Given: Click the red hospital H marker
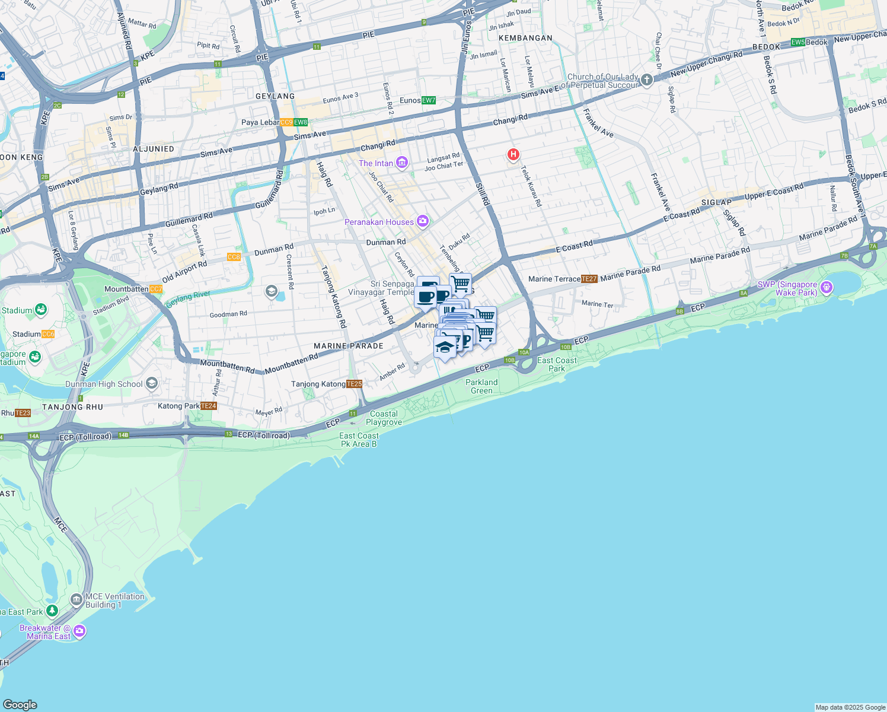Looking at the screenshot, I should pos(513,155).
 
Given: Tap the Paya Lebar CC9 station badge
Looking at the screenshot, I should pos(286,122).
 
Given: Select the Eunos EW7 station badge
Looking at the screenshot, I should pos(428,100).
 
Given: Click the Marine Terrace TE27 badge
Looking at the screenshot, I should pos(589,279).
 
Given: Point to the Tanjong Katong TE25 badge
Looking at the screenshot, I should pos(354,384).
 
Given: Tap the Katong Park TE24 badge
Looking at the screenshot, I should pos(209,406).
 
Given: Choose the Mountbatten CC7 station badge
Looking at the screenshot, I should pos(156,289).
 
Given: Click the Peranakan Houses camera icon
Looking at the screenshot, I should pos(422,221).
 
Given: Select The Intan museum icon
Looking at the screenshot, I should pos(402,163).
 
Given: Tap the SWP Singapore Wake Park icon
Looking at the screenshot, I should pos(827,288).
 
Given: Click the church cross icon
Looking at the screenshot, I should pos(647,80).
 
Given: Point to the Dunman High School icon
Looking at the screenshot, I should pos(152,383).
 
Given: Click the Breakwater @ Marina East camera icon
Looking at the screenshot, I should pos(79,631).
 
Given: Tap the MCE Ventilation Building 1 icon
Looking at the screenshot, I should pos(76,599).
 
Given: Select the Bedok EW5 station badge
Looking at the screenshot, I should pos(798,42).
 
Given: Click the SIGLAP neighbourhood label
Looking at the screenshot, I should pos(716,202).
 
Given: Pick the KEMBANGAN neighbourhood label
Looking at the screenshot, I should pos(525,38).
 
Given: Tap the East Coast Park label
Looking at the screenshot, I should pos(557,364).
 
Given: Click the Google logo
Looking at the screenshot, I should pos(20,704).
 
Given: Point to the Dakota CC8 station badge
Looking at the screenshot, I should pos(234,257).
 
